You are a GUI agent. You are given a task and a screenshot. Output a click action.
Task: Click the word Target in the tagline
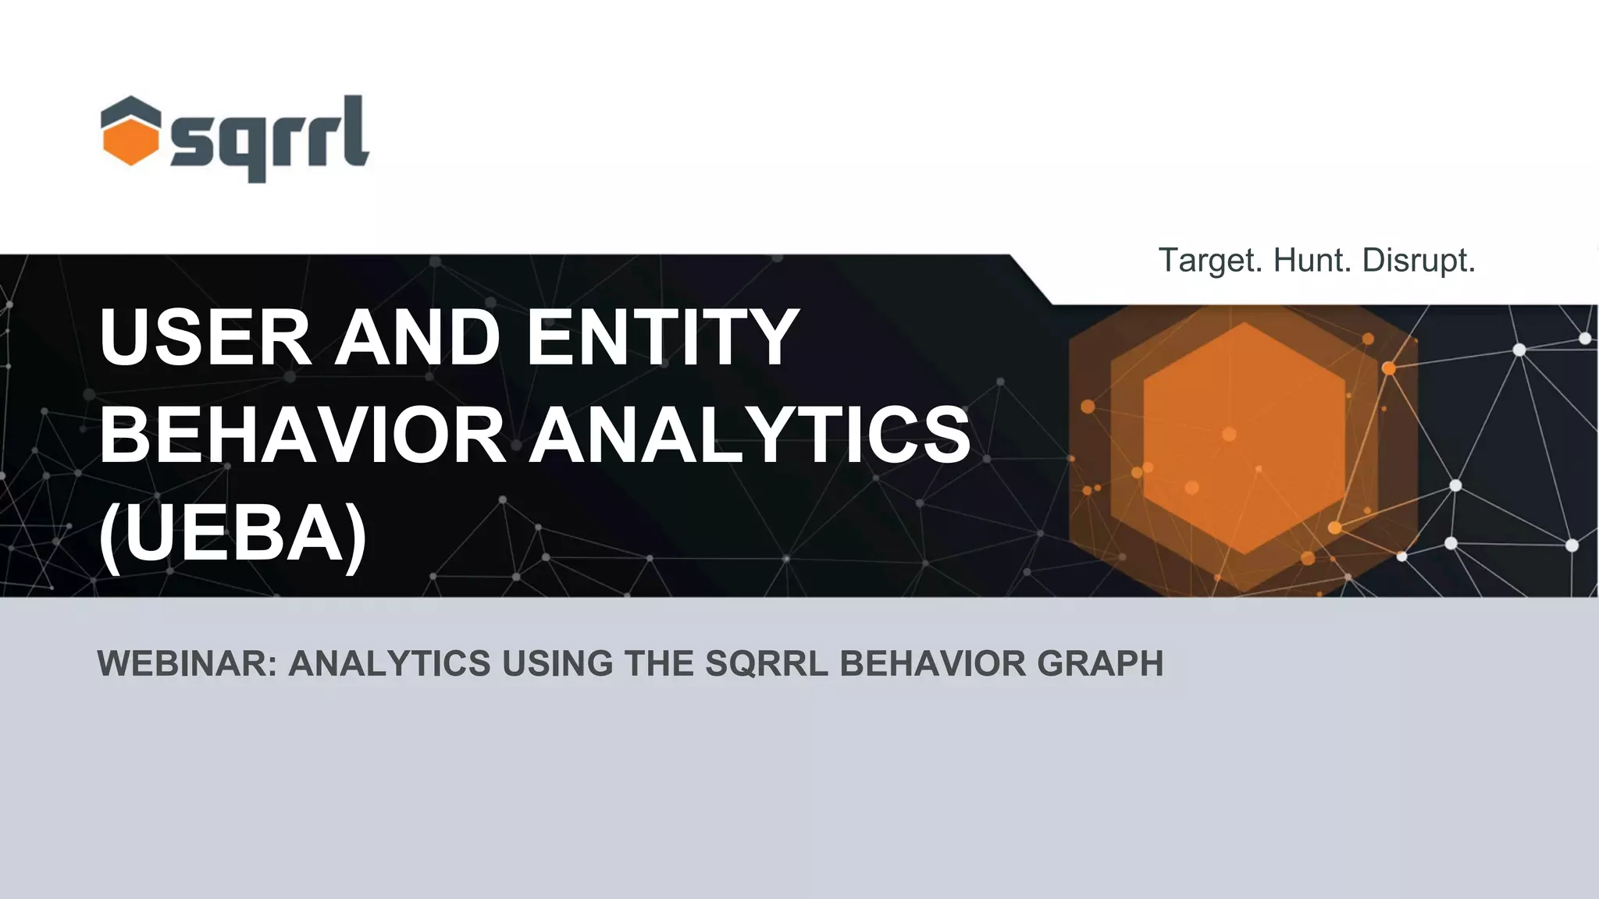coord(1209,261)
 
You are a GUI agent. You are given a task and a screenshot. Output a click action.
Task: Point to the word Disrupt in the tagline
coord(1418,261)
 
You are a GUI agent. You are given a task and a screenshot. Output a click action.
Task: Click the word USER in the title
coord(205,337)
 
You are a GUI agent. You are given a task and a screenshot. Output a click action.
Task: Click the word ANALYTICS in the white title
coord(750,435)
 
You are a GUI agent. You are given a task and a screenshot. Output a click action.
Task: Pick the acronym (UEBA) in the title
coord(233,534)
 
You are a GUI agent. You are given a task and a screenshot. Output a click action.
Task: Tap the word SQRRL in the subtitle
coord(766,664)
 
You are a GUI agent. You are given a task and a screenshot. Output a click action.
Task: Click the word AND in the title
coord(418,337)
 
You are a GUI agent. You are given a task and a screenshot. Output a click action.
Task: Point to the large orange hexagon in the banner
coord(1243,439)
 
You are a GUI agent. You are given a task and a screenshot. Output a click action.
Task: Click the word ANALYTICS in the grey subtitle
coord(389,664)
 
